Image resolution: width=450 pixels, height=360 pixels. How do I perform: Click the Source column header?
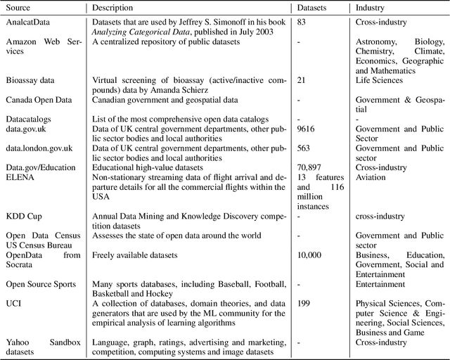tap(20, 8)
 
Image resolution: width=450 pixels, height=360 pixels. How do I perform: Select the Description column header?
tap(117, 8)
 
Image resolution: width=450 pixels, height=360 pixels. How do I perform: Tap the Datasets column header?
tap(314, 8)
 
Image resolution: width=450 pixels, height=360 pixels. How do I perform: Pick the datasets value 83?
tap(302, 22)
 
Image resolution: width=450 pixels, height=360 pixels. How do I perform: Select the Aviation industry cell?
tap(371, 177)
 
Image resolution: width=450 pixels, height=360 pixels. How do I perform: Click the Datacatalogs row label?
tap(29, 120)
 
